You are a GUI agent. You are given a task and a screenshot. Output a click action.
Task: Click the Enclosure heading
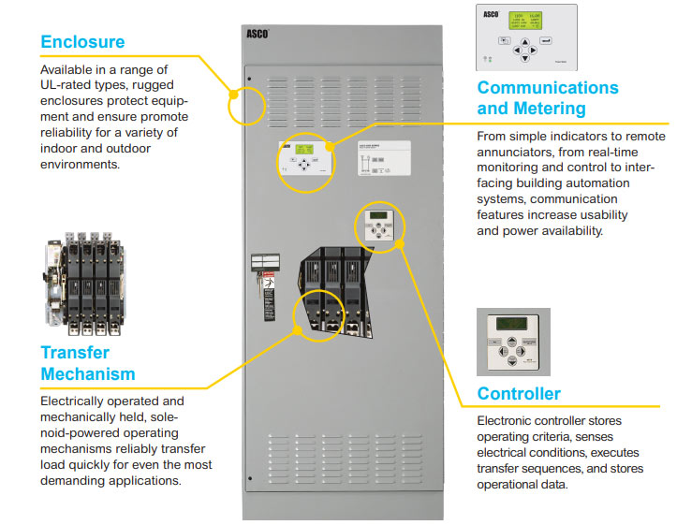[x=82, y=42]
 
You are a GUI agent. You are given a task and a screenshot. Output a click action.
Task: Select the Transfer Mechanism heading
[x=87, y=364]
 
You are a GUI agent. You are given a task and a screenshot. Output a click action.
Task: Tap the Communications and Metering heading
[x=547, y=97]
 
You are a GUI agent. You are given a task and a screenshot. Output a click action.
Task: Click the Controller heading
[x=519, y=394]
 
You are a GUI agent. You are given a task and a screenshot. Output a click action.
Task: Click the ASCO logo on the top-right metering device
[x=490, y=17]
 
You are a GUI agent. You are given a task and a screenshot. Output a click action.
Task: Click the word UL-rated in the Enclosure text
[x=64, y=85]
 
